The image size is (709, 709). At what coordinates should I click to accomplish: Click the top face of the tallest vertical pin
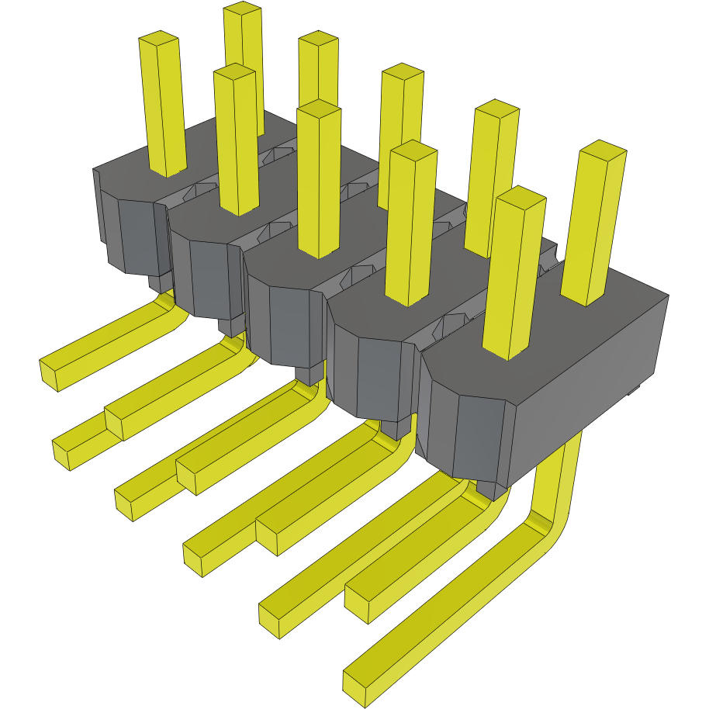[x=242, y=9]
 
